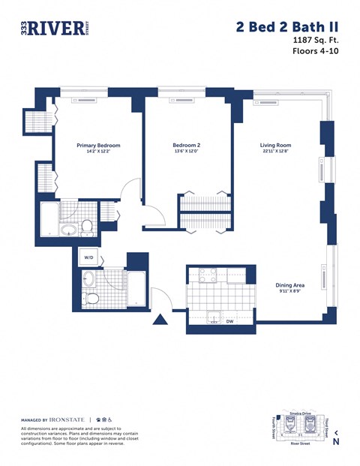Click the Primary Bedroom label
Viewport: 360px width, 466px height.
pyautogui.click(x=98, y=145)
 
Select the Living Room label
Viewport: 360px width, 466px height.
pyautogui.click(x=276, y=145)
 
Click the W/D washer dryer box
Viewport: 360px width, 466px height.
pyautogui.click(x=88, y=257)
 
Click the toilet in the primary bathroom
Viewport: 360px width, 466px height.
pyautogui.click(x=87, y=225)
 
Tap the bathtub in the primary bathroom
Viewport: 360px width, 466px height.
pyautogui.click(x=49, y=218)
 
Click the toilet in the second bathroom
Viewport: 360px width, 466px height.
pyautogui.click(x=92, y=299)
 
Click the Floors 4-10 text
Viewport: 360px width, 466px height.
pyautogui.click(x=314, y=52)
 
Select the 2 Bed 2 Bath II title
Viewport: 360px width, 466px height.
pyautogui.click(x=286, y=26)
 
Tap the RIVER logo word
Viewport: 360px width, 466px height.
pyautogui.click(x=56, y=28)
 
